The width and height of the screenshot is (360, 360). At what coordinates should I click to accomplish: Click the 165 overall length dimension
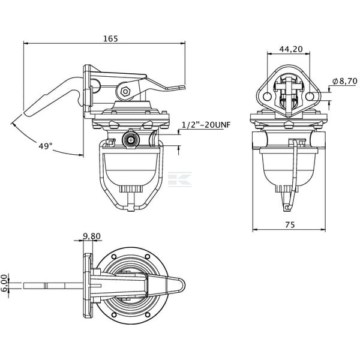pyautogui.click(x=110, y=38)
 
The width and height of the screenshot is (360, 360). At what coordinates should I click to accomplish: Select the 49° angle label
pyautogui.click(x=46, y=146)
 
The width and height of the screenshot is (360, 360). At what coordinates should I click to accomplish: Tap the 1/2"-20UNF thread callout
pyautogui.click(x=206, y=125)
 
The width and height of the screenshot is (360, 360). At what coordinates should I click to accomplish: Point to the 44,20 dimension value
pyautogui.click(x=291, y=49)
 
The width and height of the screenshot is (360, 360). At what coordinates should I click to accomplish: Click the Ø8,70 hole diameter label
pyautogui.click(x=345, y=81)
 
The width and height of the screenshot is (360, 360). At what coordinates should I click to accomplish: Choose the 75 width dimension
pyautogui.click(x=290, y=224)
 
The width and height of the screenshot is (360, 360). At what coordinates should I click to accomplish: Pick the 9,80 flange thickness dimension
pyautogui.click(x=92, y=236)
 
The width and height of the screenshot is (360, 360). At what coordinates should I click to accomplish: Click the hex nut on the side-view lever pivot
pyautogui.click(x=125, y=92)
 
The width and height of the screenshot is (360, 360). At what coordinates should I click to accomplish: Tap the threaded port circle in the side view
pyautogui.click(x=131, y=140)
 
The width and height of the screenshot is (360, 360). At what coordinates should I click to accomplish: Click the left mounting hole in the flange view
pyautogui.click(x=267, y=97)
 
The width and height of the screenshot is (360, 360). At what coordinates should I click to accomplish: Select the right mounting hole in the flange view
pyautogui.click(x=310, y=97)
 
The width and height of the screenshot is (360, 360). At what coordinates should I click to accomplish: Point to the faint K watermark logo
pyautogui.click(x=180, y=179)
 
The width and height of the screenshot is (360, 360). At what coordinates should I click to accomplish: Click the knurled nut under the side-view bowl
pyautogui.click(x=131, y=189)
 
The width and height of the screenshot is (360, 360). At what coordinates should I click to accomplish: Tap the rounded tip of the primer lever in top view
pyautogui.click(x=182, y=286)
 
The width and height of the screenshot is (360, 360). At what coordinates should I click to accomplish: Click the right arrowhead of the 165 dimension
pyautogui.click(x=183, y=43)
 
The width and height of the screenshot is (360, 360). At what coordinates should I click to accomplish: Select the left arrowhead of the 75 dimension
pyautogui.click(x=255, y=229)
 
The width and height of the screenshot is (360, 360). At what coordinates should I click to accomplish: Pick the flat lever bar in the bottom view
pyautogui.click(x=53, y=286)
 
